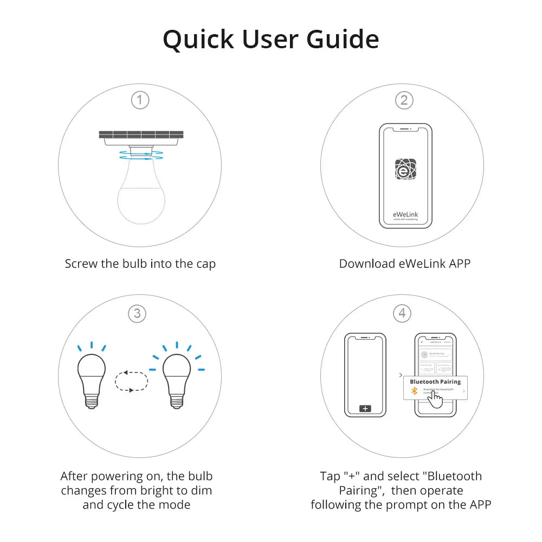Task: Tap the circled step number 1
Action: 140,100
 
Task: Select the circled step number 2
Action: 404,100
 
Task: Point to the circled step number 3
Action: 137,313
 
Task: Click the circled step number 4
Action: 402,313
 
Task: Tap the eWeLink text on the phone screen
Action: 405,214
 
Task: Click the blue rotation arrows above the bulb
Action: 140,155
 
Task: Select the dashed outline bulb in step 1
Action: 140,195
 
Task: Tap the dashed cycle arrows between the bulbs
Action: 131,380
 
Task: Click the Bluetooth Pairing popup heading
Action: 435,382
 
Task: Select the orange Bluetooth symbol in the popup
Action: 414,391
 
